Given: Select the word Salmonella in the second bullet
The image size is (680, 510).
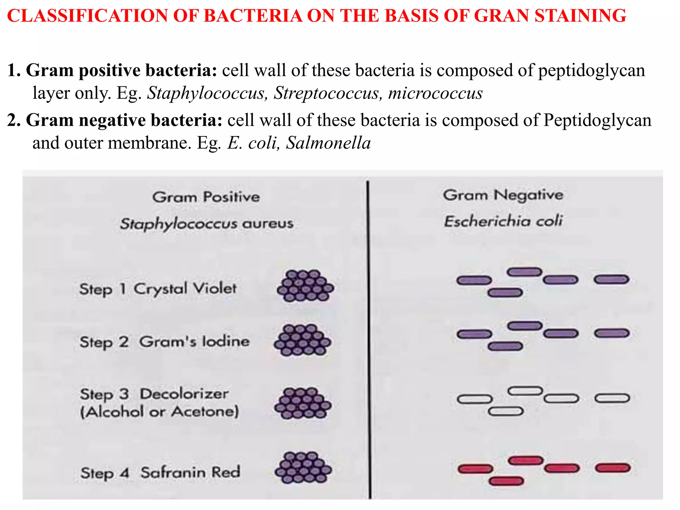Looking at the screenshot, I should click(x=328, y=143).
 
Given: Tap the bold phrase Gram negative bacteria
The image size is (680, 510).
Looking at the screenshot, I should click(x=115, y=120).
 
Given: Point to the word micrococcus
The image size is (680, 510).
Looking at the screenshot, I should click(x=435, y=93).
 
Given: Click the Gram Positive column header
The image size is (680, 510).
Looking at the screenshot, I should click(x=206, y=197).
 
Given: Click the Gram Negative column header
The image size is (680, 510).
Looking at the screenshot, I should click(x=503, y=195).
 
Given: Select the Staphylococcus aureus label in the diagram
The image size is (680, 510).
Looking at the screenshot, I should click(x=207, y=223).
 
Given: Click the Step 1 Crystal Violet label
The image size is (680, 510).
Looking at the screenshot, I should click(x=158, y=289).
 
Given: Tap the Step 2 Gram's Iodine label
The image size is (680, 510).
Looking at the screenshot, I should click(x=164, y=342).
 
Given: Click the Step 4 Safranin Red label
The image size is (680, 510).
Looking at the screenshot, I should click(x=160, y=472).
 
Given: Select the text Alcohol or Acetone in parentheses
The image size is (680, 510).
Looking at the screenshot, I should click(x=160, y=412).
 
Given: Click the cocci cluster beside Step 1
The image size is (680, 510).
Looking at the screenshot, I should click(x=305, y=286).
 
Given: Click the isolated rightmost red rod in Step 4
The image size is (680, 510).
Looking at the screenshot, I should click(x=613, y=468).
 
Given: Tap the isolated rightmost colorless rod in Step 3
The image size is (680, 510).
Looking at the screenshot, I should click(x=612, y=398).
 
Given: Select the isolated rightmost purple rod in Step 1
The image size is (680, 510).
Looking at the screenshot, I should click(x=611, y=280).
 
